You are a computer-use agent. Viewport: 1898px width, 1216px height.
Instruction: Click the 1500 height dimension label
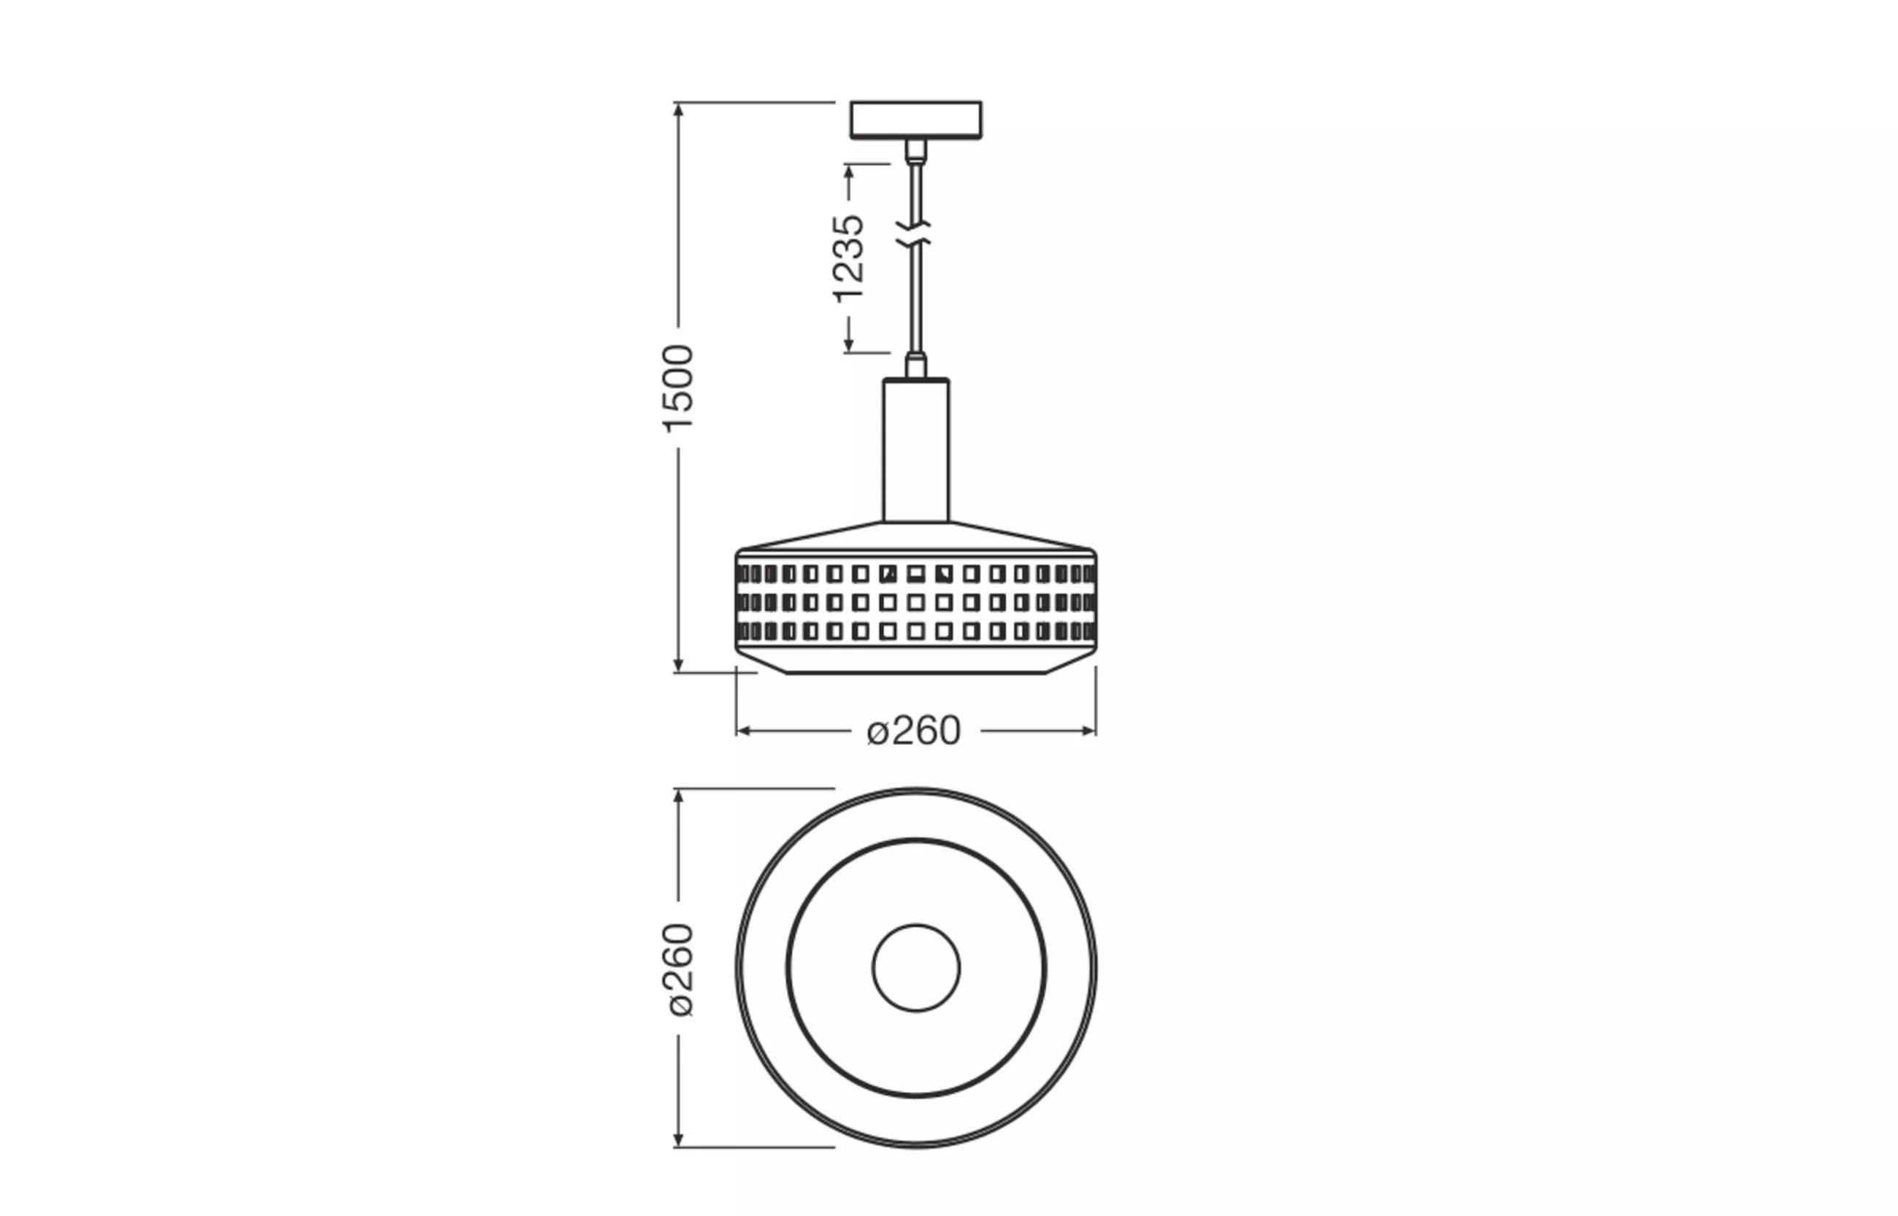678,388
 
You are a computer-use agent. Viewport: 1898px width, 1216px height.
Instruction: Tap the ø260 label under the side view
914,731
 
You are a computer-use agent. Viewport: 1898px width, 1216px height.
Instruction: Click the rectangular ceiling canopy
916,120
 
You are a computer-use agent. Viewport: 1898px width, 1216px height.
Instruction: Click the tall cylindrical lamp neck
916,450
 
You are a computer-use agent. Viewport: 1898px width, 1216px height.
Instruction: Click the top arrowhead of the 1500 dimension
678,109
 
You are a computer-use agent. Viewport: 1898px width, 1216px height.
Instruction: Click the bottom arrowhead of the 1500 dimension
678,665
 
